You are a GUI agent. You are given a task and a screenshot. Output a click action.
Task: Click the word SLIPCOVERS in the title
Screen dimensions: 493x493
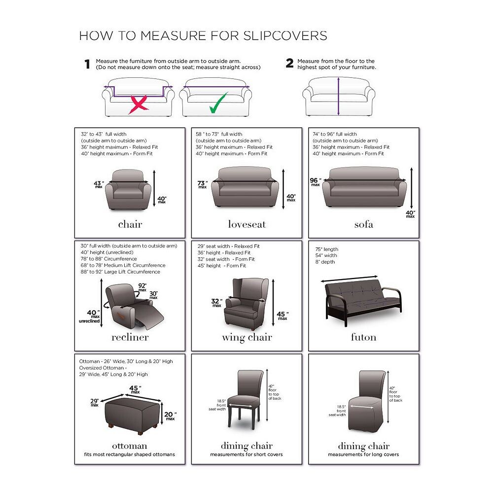[x=285, y=36]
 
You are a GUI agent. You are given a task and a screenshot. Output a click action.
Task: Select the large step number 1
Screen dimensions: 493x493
[x=87, y=64]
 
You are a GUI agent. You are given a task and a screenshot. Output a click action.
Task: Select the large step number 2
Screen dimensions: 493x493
[x=289, y=63]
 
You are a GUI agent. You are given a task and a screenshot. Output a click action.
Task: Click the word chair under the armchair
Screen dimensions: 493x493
[x=130, y=224]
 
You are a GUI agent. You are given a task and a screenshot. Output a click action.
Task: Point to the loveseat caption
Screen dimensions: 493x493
[x=247, y=224]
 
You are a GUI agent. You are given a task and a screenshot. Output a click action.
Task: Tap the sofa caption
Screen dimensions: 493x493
[x=364, y=224]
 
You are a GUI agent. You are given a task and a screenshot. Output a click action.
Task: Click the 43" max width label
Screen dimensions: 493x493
[x=99, y=184]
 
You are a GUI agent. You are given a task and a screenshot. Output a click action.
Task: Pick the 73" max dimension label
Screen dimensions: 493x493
[x=202, y=184]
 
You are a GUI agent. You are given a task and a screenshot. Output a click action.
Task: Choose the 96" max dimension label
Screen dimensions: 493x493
[x=316, y=182]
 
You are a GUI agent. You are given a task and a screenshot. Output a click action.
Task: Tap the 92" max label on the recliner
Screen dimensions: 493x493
[x=142, y=287]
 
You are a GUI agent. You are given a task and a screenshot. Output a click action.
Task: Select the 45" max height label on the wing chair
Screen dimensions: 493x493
[x=282, y=316]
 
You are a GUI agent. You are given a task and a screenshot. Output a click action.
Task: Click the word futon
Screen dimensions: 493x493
[x=364, y=337]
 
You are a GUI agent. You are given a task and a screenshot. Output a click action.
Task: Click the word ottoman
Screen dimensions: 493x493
[x=130, y=446]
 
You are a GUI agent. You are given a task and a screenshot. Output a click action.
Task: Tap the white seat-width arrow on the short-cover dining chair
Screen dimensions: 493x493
[x=240, y=406]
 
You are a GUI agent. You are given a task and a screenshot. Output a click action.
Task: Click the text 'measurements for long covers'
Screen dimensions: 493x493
[x=363, y=455]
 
